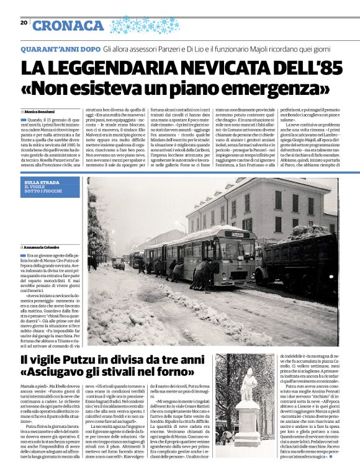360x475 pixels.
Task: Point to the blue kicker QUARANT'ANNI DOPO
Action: [60, 48]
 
